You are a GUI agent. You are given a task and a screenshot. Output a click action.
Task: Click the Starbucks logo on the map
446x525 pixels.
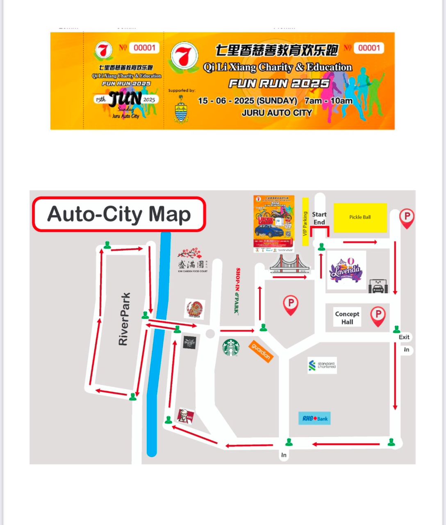[x=231, y=347]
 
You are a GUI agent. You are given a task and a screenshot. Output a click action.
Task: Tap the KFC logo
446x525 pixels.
[x=185, y=417]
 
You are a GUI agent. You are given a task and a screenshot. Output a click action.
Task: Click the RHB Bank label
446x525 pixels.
[x=314, y=418]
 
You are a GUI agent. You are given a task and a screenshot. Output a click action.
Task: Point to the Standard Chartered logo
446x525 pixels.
[x=322, y=365]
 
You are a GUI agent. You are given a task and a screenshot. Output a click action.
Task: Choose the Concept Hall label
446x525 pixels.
[x=347, y=318]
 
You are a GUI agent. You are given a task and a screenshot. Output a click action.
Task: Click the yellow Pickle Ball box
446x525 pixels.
[x=360, y=217]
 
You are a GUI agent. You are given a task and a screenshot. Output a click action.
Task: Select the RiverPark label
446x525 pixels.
[x=124, y=319]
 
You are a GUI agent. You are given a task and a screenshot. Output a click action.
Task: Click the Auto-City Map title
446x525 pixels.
[x=119, y=214]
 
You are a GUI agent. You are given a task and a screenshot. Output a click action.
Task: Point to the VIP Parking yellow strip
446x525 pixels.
[x=305, y=222]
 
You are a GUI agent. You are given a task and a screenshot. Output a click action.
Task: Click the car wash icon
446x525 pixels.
[x=378, y=286]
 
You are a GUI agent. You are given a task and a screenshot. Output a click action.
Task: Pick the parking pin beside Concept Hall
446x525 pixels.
[x=378, y=316]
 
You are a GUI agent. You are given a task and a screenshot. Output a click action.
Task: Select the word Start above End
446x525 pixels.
[x=319, y=214]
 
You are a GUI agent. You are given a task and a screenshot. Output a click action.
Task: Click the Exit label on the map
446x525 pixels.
[x=404, y=337]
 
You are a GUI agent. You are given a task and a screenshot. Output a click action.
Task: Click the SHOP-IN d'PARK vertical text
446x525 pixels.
[x=237, y=290]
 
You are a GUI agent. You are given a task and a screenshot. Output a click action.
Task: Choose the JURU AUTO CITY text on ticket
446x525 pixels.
[x=277, y=113]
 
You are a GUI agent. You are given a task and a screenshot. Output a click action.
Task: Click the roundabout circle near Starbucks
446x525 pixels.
[x=210, y=334]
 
